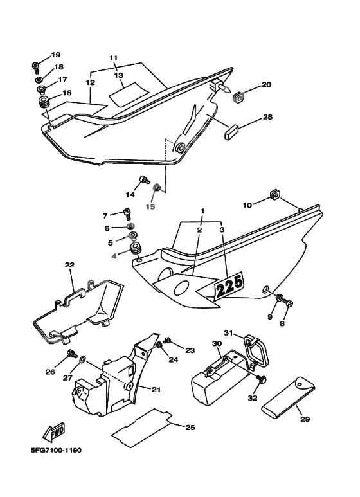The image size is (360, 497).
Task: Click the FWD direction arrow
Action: [x=54, y=432]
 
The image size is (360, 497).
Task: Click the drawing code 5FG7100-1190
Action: [x=56, y=450]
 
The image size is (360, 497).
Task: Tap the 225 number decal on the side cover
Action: [x=229, y=285]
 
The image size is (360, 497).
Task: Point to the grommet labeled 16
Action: [x=44, y=102]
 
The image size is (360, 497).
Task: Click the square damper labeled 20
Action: [x=239, y=96]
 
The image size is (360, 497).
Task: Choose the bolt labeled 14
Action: [x=144, y=181]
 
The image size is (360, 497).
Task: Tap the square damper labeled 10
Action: [x=274, y=194]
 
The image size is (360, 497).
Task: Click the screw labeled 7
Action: [x=127, y=213]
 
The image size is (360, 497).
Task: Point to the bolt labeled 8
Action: [x=288, y=303]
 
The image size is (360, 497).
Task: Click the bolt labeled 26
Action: [x=71, y=354]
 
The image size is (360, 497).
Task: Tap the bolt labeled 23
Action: [x=166, y=341]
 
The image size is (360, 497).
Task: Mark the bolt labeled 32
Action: [x=262, y=379]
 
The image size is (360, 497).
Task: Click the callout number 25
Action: [x=190, y=428]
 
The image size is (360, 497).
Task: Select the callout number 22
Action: [x=69, y=265]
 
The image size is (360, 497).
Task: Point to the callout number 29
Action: [x=305, y=419]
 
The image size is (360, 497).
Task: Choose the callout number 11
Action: [x=113, y=58]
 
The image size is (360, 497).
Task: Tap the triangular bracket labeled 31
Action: [x=255, y=351]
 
